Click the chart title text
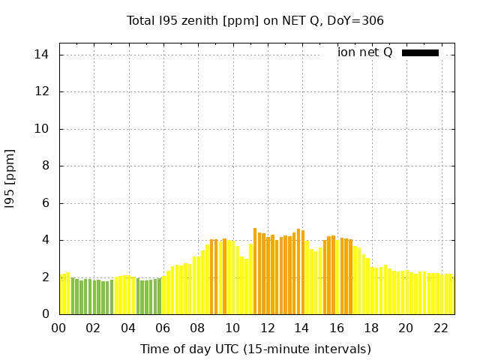click(255, 20)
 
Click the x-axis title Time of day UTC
click(255, 349)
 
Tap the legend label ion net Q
click(364, 52)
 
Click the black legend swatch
click(420, 52)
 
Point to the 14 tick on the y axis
click(41, 55)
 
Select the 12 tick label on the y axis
click(41, 91)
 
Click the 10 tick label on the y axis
click(41, 129)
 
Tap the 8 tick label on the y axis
click(45, 166)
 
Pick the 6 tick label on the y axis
click(45, 203)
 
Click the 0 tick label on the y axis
click(45, 314)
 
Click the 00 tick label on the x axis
click(58, 328)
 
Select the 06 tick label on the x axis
click(163, 328)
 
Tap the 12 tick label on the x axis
click(267, 328)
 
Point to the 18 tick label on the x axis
click(371, 328)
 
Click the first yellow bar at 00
click(62, 295)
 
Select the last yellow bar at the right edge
click(452, 295)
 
